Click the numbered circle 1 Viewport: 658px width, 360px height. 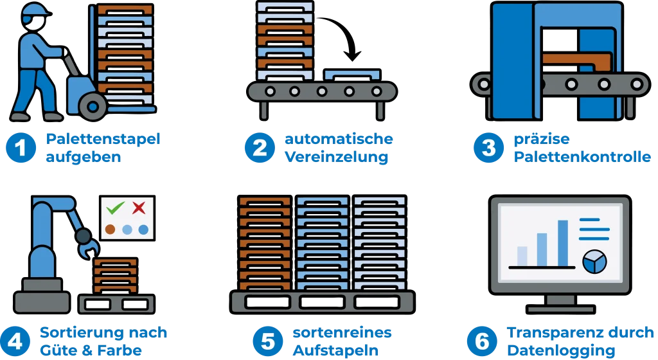[x=21, y=148]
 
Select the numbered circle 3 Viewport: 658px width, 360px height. [x=489, y=148]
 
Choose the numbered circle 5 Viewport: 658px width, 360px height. [x=267, y=341]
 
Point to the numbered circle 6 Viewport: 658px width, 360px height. [x=482, y=341]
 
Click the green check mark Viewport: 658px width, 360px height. [x=116, y=208]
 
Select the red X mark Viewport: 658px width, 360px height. [x=138, y=208]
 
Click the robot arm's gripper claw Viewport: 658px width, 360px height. [x=87, y=243]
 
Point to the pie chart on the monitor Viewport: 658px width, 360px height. [x=594, y=260]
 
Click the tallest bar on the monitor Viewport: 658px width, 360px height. [x=563, y=243]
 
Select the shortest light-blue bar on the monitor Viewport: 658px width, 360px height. [x=522, y=255]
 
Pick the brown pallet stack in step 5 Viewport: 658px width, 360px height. [x=265, y=244]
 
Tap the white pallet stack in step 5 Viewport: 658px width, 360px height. [x=380, y=244]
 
